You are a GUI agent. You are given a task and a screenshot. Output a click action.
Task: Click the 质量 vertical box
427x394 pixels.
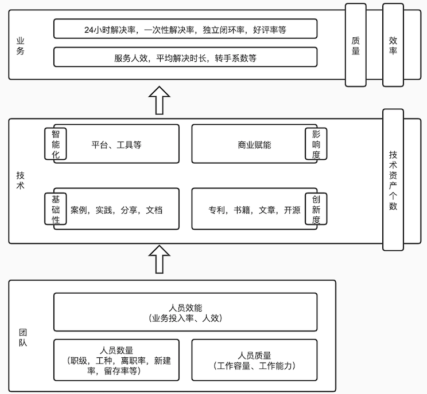[356, 45]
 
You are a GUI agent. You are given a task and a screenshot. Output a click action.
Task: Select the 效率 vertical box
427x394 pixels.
[393, 45]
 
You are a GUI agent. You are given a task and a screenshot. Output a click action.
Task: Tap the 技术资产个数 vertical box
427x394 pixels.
[393, 180]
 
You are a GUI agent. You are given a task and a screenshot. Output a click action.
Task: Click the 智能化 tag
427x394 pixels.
[56, 143]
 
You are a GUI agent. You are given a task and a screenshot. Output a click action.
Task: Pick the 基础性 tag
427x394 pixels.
[56, 209]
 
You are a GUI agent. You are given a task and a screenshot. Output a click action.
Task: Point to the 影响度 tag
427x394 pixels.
[316, 143]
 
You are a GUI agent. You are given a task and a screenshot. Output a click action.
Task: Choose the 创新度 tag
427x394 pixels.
[316, 209]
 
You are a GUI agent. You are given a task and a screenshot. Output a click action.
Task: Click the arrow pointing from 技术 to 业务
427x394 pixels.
[160, 100]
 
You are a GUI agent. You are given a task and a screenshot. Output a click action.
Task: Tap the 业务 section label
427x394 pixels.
[21, 45]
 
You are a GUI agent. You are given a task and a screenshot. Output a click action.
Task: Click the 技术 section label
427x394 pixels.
[21, 180]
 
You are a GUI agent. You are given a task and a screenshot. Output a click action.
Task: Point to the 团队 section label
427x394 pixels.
[22, 336]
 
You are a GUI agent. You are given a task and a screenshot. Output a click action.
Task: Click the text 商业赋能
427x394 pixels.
[254, 145]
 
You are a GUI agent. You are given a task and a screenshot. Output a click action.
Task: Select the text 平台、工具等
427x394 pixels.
[117, 145]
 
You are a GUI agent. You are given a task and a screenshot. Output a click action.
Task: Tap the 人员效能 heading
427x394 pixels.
[185, 308]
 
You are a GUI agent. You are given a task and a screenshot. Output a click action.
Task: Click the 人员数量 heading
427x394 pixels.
[117, 350]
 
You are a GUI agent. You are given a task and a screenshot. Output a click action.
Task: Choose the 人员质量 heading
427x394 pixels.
[254, 355]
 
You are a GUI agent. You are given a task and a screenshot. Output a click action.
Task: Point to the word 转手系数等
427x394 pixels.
[236, 58]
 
